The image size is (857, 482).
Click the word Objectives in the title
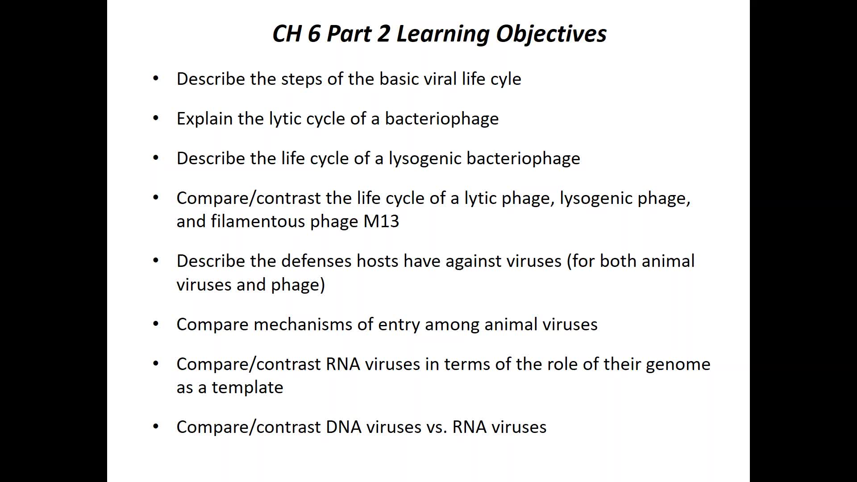551,34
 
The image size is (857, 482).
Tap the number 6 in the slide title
314,33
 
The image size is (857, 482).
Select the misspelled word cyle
506,79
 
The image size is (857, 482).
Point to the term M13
381,221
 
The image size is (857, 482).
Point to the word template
247,388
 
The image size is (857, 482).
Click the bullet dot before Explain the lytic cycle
156,118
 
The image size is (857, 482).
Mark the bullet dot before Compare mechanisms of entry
156,324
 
